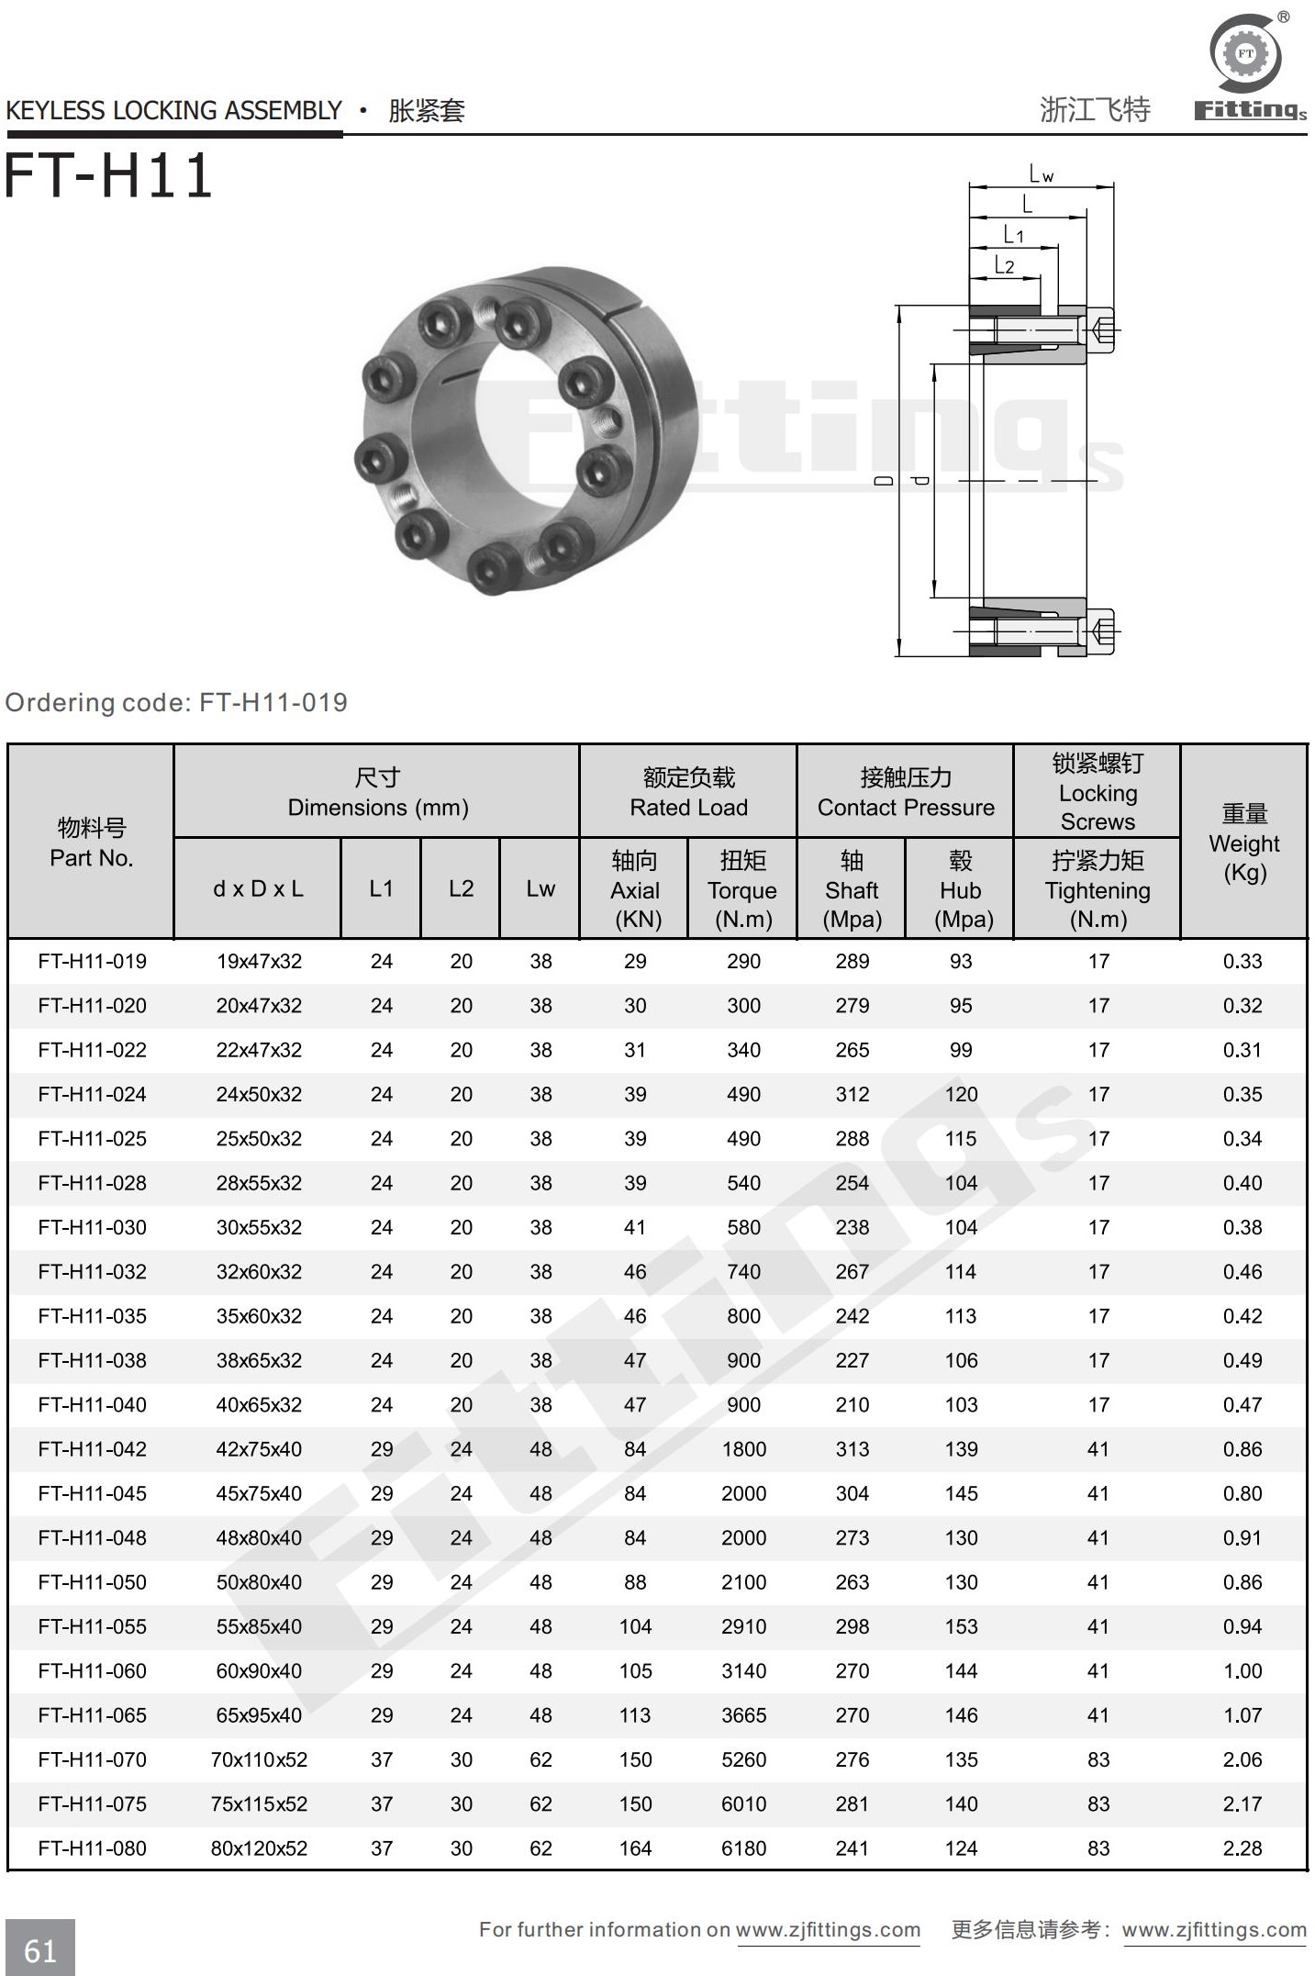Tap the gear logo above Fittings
coord(1245,53)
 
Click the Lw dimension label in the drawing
coord(1041,173)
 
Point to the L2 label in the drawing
coord(1005,266)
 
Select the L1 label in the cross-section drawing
coord(1013,235)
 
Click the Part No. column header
coord(91,843)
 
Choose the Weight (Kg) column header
coord(1243,843)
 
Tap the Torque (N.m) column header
coord(742,889)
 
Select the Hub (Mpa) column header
coord(960,889)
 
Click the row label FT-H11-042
coord(92,1449)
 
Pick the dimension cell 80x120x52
coord(259,1848)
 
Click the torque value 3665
coord(743,1715)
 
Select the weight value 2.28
coord(1243,1848)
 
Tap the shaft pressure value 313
coord(852,1449)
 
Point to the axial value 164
coord(635,1848)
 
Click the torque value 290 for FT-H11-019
coord(743,961)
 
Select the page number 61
coord(40,1950)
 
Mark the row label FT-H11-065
coord(92,1715)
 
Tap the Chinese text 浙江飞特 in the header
coord(1094,110)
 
